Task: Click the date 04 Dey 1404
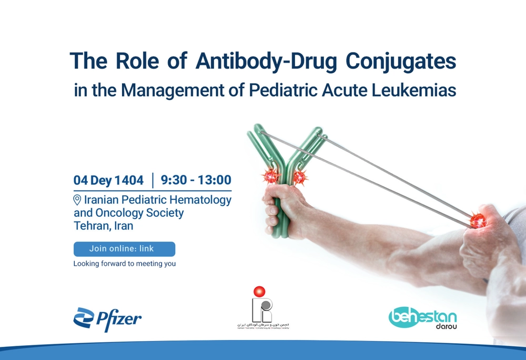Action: point(109,181)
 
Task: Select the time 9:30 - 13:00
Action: point(196,181)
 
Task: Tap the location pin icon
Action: point(77,200)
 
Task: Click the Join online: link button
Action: point(124,249)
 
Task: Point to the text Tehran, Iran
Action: point(104,226)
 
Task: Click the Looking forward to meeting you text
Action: point(125,264)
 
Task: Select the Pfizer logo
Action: point(107,318)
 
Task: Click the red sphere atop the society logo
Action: point(258,292)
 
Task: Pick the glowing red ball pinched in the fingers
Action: point(477,220)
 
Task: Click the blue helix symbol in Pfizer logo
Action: point(83,318)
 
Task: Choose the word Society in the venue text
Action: point(165,213)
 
